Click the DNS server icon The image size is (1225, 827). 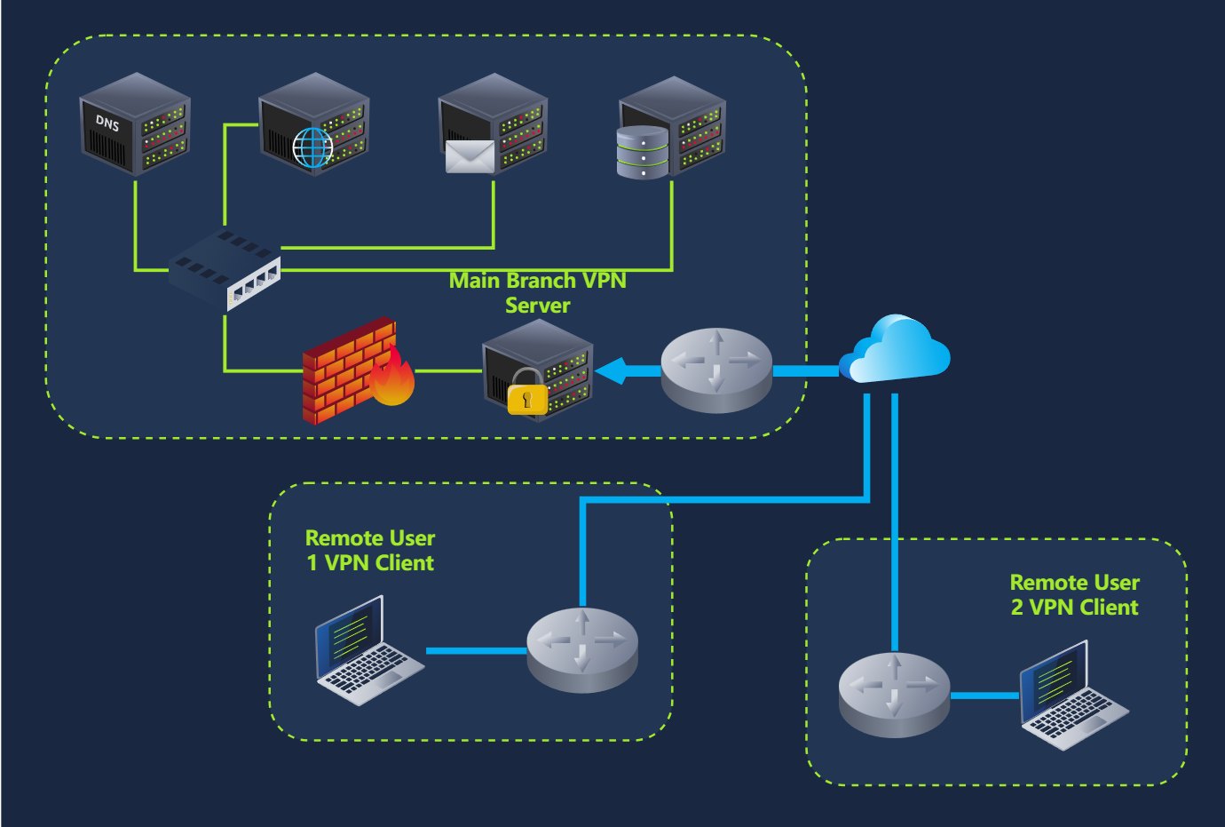click(135, 125)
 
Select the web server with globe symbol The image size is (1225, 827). click(315, 125)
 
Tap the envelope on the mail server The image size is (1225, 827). click(470, 157)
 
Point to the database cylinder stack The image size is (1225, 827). click(643, 152)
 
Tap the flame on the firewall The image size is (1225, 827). click(392, 378)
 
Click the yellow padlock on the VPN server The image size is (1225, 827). click(527, 397)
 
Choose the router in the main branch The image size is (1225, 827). click(716, 370)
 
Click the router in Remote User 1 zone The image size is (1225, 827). click(582, 649)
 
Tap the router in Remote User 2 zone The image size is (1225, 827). click(894, 694)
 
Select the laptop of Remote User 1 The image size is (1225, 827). click(367, 653)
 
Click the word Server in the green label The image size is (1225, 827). click(538, 306)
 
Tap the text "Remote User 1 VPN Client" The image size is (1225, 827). click(370, 551)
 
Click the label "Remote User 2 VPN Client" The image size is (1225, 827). click(1074, 595)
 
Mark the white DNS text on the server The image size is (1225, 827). click(107, 123)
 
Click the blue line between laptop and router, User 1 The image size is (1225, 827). click(476, 651)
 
